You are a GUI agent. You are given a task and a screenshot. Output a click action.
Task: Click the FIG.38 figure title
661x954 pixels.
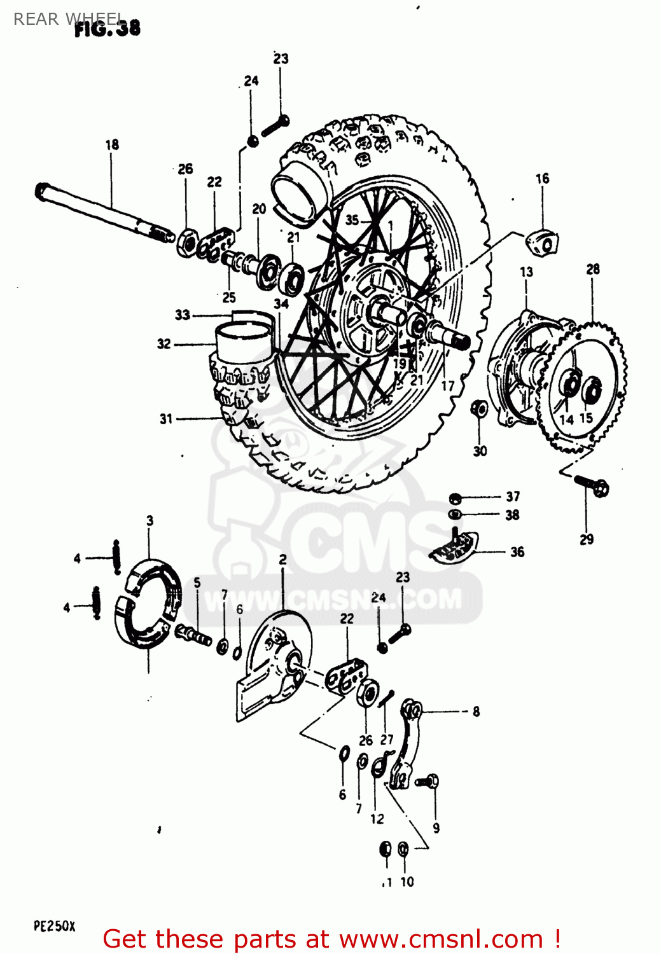click(x=108, y=28)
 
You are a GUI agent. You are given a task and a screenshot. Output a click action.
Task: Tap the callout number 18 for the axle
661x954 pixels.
click(x=112, y=145)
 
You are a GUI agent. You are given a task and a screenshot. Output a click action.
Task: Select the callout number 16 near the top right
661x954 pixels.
click(x=542, y=179)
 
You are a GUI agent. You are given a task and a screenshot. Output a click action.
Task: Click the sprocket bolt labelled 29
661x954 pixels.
click(x=592, y=487)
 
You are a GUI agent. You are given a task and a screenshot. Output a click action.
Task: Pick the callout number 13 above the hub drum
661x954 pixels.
click(x=526, y=272)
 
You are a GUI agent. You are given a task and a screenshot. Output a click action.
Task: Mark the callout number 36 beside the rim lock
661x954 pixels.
click(x=517, y=552)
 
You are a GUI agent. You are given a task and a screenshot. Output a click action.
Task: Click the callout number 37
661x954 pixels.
click(x=513, y=496)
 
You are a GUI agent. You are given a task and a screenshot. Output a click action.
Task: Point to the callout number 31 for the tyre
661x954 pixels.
click(x=166, y=418)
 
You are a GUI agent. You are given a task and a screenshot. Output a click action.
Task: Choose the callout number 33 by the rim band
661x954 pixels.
click(x=183, y=315)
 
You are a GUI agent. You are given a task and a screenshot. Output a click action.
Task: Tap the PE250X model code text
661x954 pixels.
click(x=54, y=926)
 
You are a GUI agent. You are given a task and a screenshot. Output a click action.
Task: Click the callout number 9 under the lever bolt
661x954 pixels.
click(x=436, y=828)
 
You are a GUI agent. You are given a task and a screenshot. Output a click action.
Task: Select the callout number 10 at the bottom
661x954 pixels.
click(x=407, y=882)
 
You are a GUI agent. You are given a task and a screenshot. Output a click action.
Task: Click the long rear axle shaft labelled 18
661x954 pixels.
click(x=102, y=210)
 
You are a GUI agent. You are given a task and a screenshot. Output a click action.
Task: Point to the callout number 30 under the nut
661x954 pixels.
click(x=480, y=451)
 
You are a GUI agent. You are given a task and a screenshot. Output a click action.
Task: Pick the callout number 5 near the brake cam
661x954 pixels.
click(x=197, y=583)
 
